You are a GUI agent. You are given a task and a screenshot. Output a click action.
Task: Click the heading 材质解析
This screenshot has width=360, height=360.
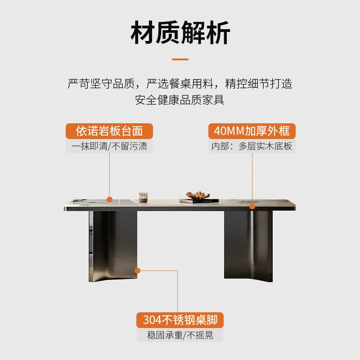coord(180,32)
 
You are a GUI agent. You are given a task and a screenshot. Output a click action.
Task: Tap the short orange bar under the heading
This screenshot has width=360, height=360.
coord(180,59)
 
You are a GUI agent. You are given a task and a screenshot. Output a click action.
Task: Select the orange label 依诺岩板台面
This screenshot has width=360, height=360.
coord(109,131)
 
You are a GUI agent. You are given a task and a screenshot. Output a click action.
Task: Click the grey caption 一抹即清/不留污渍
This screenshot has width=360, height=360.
coord(109,146)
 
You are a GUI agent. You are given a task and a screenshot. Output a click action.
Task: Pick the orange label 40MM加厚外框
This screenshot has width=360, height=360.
coord(252,131)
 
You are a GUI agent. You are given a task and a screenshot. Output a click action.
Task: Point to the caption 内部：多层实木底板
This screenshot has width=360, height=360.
coord(252,146)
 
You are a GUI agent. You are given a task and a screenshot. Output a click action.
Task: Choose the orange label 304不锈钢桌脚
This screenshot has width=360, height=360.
coord(180,320)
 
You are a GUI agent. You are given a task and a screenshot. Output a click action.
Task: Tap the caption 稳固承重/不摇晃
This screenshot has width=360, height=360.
coord(180,335)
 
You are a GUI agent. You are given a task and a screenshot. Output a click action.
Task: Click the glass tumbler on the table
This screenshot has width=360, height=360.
coord(143,198)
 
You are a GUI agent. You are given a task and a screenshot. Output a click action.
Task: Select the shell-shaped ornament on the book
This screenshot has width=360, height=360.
coord(198,195)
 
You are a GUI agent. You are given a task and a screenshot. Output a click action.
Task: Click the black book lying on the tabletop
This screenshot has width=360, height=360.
coord(199,201)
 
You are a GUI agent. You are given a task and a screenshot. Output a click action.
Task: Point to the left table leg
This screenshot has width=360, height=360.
coord(113,246)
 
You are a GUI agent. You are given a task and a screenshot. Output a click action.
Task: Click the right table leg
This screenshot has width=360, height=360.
coord(248,246)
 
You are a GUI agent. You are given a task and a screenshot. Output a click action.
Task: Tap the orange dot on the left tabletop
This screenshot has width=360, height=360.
coord(109,199)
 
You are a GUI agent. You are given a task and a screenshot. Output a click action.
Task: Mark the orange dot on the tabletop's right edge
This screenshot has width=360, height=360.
coord(252,207)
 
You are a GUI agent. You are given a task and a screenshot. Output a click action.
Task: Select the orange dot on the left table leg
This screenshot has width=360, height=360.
coord(137,271)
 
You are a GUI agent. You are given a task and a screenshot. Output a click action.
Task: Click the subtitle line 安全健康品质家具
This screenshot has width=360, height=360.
coord(180,100)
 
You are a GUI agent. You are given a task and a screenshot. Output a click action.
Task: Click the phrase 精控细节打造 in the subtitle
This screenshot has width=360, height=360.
coord(259,84)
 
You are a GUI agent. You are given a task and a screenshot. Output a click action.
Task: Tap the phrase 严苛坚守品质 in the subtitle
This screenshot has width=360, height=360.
coord(101,84)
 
